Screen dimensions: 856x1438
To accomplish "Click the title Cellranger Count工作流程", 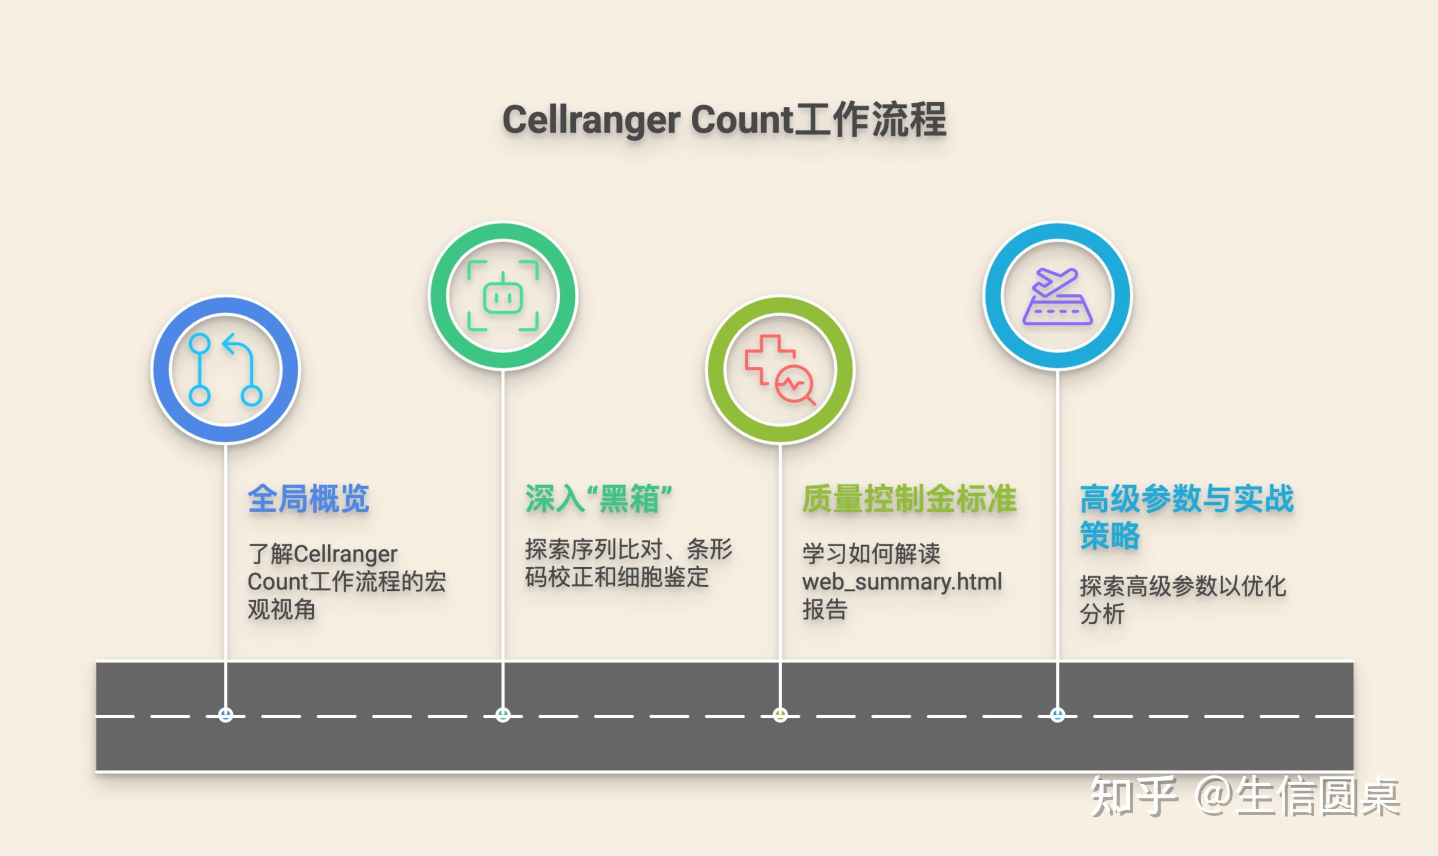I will (724, 120).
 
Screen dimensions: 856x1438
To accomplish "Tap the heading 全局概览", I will (309, 498).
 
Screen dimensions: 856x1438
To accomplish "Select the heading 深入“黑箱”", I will (598, 498).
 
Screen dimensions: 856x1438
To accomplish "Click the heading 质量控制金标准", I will (909, 498).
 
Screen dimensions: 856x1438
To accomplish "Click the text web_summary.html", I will (902, 582).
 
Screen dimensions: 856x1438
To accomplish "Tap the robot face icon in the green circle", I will (503, 296).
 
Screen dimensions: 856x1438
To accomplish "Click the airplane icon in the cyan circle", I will (1054, 281).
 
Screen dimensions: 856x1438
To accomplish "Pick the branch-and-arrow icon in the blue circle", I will (225, 370).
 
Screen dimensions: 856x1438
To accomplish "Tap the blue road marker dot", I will (225, 715).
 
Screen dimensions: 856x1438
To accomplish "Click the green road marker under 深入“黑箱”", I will (503, 715).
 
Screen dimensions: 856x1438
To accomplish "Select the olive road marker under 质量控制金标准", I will (780, 715).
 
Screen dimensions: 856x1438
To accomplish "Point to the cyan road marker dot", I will (1057, 715).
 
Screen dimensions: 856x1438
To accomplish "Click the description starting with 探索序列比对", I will (628, 563).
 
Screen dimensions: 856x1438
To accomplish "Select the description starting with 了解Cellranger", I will (346, 582).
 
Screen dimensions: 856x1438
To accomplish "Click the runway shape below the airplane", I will (1057, 311).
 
